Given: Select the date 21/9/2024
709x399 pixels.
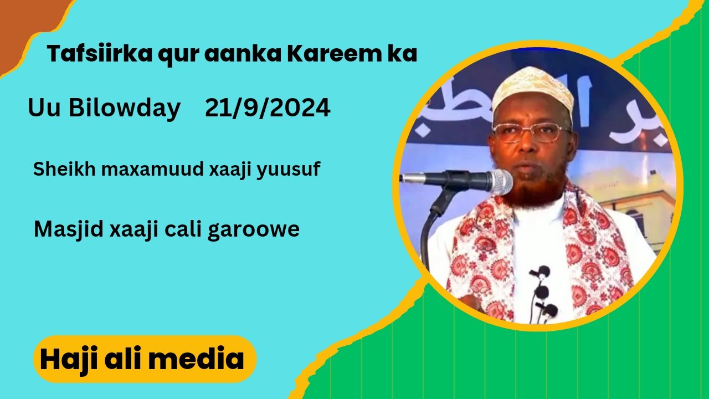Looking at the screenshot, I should [268, 108].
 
